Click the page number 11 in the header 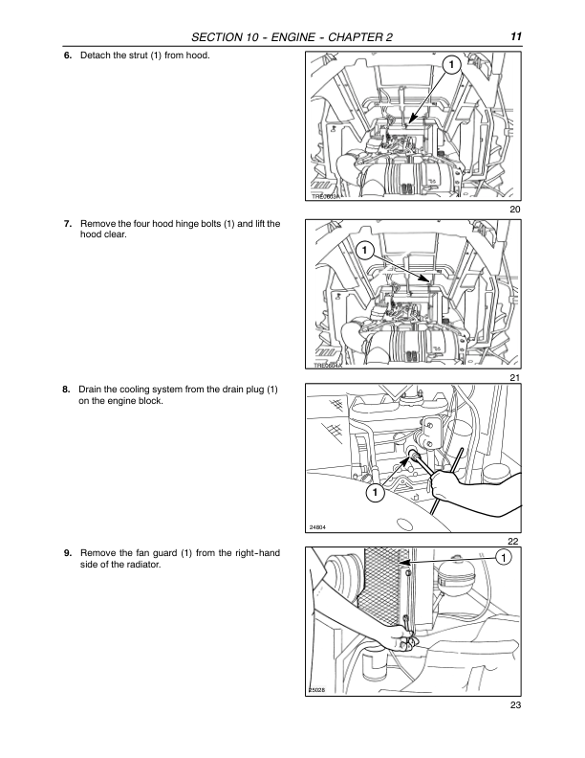(515, 36)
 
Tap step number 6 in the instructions (67, 55)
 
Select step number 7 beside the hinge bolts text (67, 224)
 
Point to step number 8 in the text (67, 390)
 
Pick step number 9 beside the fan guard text (67, 554)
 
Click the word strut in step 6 (140, 55)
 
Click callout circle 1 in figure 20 (449, 65)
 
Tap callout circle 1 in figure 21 (364, 251)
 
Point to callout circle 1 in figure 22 (373, 493)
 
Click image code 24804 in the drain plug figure (319, 527)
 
